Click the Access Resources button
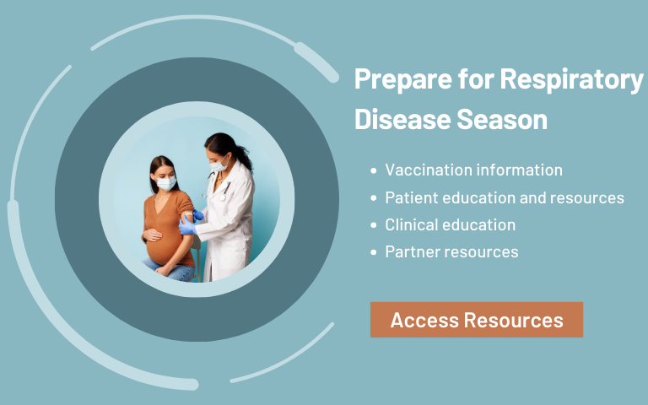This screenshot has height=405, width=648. [x=477, y=320]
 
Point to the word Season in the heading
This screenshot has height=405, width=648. [x=502, y=119]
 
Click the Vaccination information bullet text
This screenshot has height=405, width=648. [x=473, y=170]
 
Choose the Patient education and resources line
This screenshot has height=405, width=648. [x=505, y=197]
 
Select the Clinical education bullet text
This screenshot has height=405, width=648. [x=450, y=224]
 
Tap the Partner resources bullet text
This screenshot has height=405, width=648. [x=451, y=251]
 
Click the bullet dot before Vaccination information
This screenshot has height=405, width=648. [x=374, y=170]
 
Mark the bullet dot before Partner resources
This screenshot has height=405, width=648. [x=374, y=252]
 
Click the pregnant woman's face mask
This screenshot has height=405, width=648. [x=167, y=182]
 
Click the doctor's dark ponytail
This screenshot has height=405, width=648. [x=244, y=155]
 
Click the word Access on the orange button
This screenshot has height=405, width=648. [x=423, y=320]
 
